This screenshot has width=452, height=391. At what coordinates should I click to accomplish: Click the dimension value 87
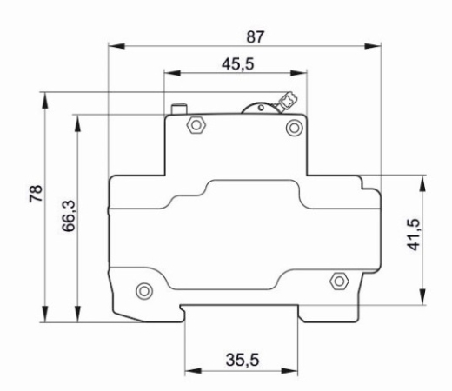pos(256,37)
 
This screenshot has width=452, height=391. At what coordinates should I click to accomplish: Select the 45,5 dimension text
pos(238,64)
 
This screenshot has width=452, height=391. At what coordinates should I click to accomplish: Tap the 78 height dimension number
pos(36,193)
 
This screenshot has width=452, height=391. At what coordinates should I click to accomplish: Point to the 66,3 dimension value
pos(69,215)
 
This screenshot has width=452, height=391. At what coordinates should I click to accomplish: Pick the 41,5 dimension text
pos(413,235)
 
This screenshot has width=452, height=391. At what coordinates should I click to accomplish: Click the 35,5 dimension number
pos(243,360)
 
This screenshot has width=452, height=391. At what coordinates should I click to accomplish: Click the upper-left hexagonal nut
pos(196,125)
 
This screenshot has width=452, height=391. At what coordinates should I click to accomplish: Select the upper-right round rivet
pos(295,128)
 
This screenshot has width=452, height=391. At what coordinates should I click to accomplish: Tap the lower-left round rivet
pos(144,291)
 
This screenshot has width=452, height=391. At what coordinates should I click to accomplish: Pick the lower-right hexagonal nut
pos(339,281)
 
